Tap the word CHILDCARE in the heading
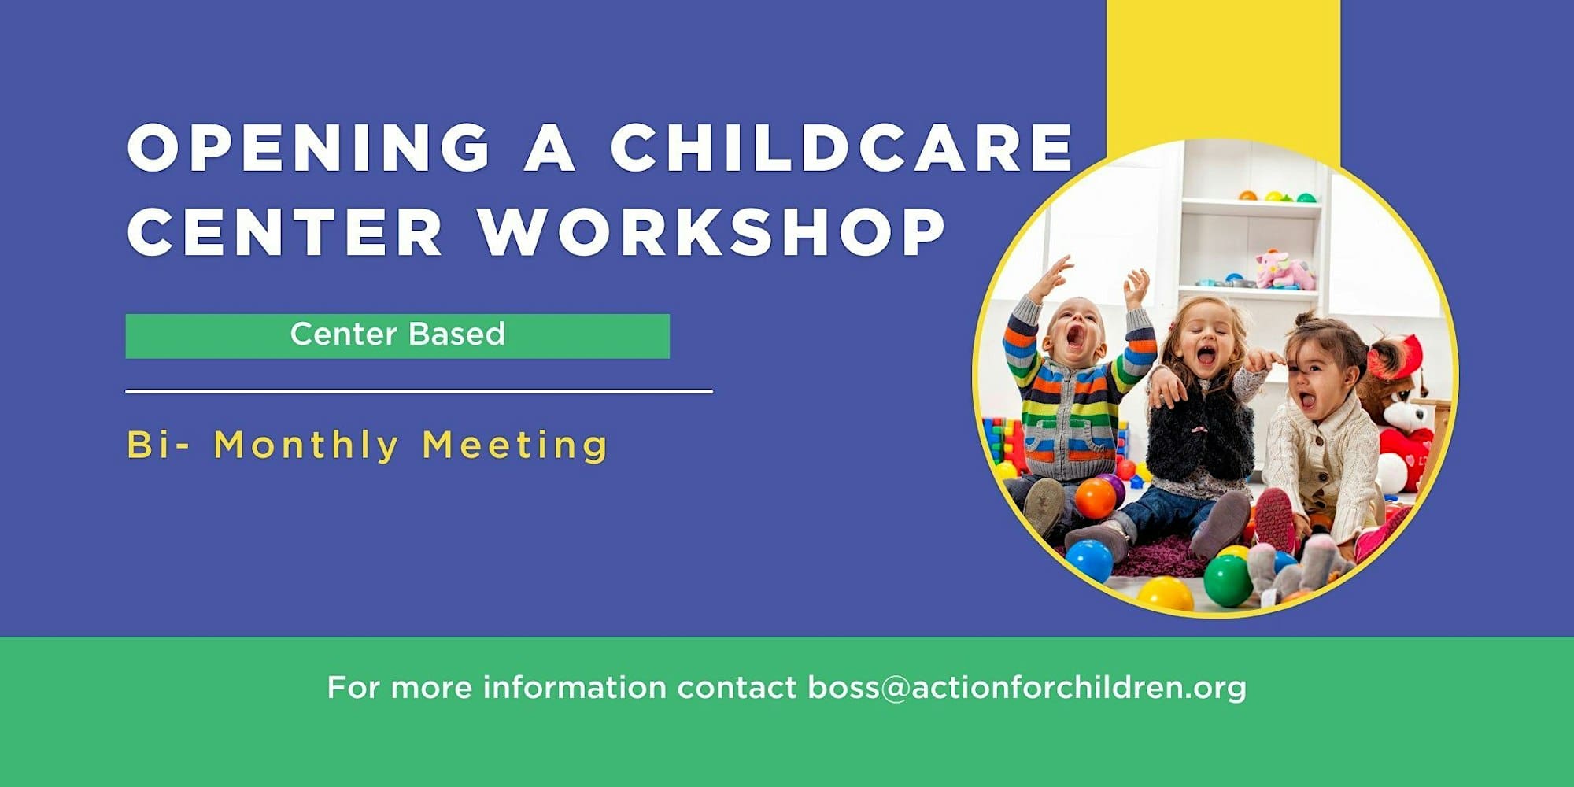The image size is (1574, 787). (842, 147)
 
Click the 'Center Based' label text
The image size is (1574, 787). (397, 334)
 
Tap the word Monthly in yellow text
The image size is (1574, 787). (307, 445)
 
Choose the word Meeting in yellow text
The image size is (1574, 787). (515, 445)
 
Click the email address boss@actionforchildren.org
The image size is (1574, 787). (1027, 688)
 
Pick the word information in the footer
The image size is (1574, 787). (575, 687)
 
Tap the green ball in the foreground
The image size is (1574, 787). (1228, 580)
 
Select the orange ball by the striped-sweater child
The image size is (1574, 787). (1096, 498)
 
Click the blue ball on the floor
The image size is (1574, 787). (1089, 561)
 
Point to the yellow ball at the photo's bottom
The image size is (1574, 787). (1166, 595)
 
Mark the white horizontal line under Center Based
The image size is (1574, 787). (419, 390)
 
